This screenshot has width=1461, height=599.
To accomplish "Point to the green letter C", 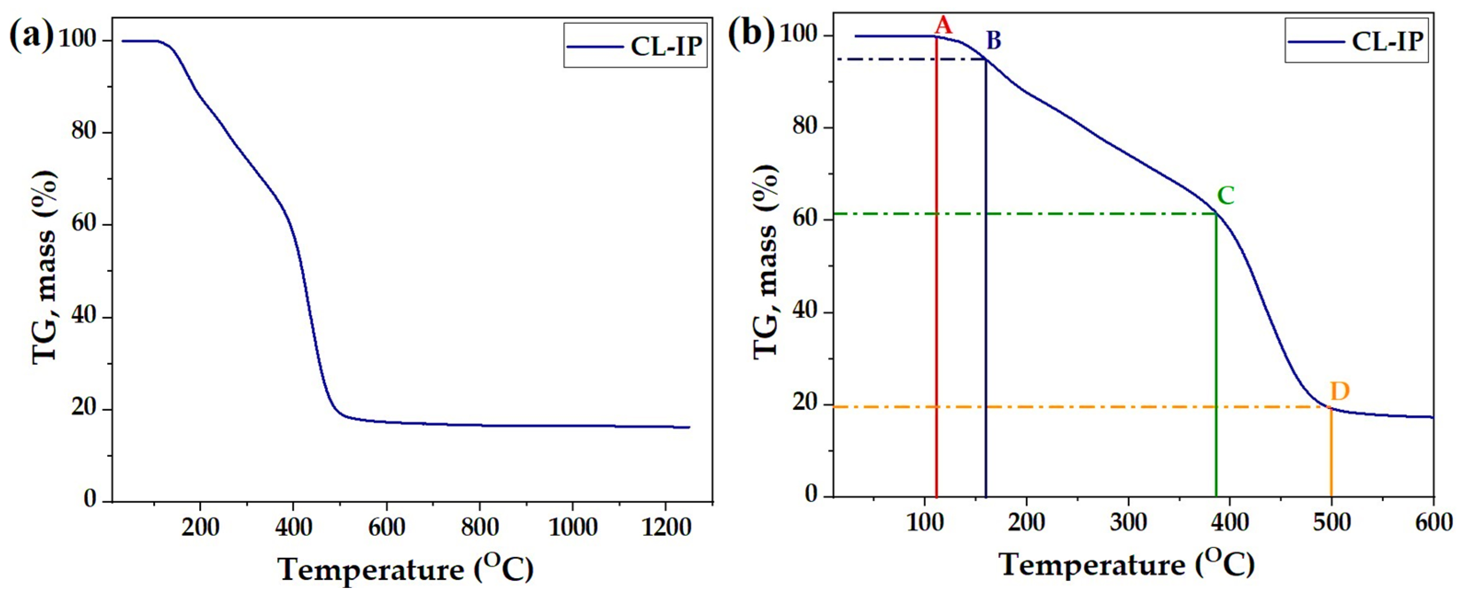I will [x=1226, y=195].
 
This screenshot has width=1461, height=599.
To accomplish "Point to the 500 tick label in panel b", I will [x=1332, y=522].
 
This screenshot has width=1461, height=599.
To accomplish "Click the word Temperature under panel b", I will [x=1092, y=565].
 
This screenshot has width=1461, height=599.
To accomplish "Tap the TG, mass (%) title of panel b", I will [x=766, y=261].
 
